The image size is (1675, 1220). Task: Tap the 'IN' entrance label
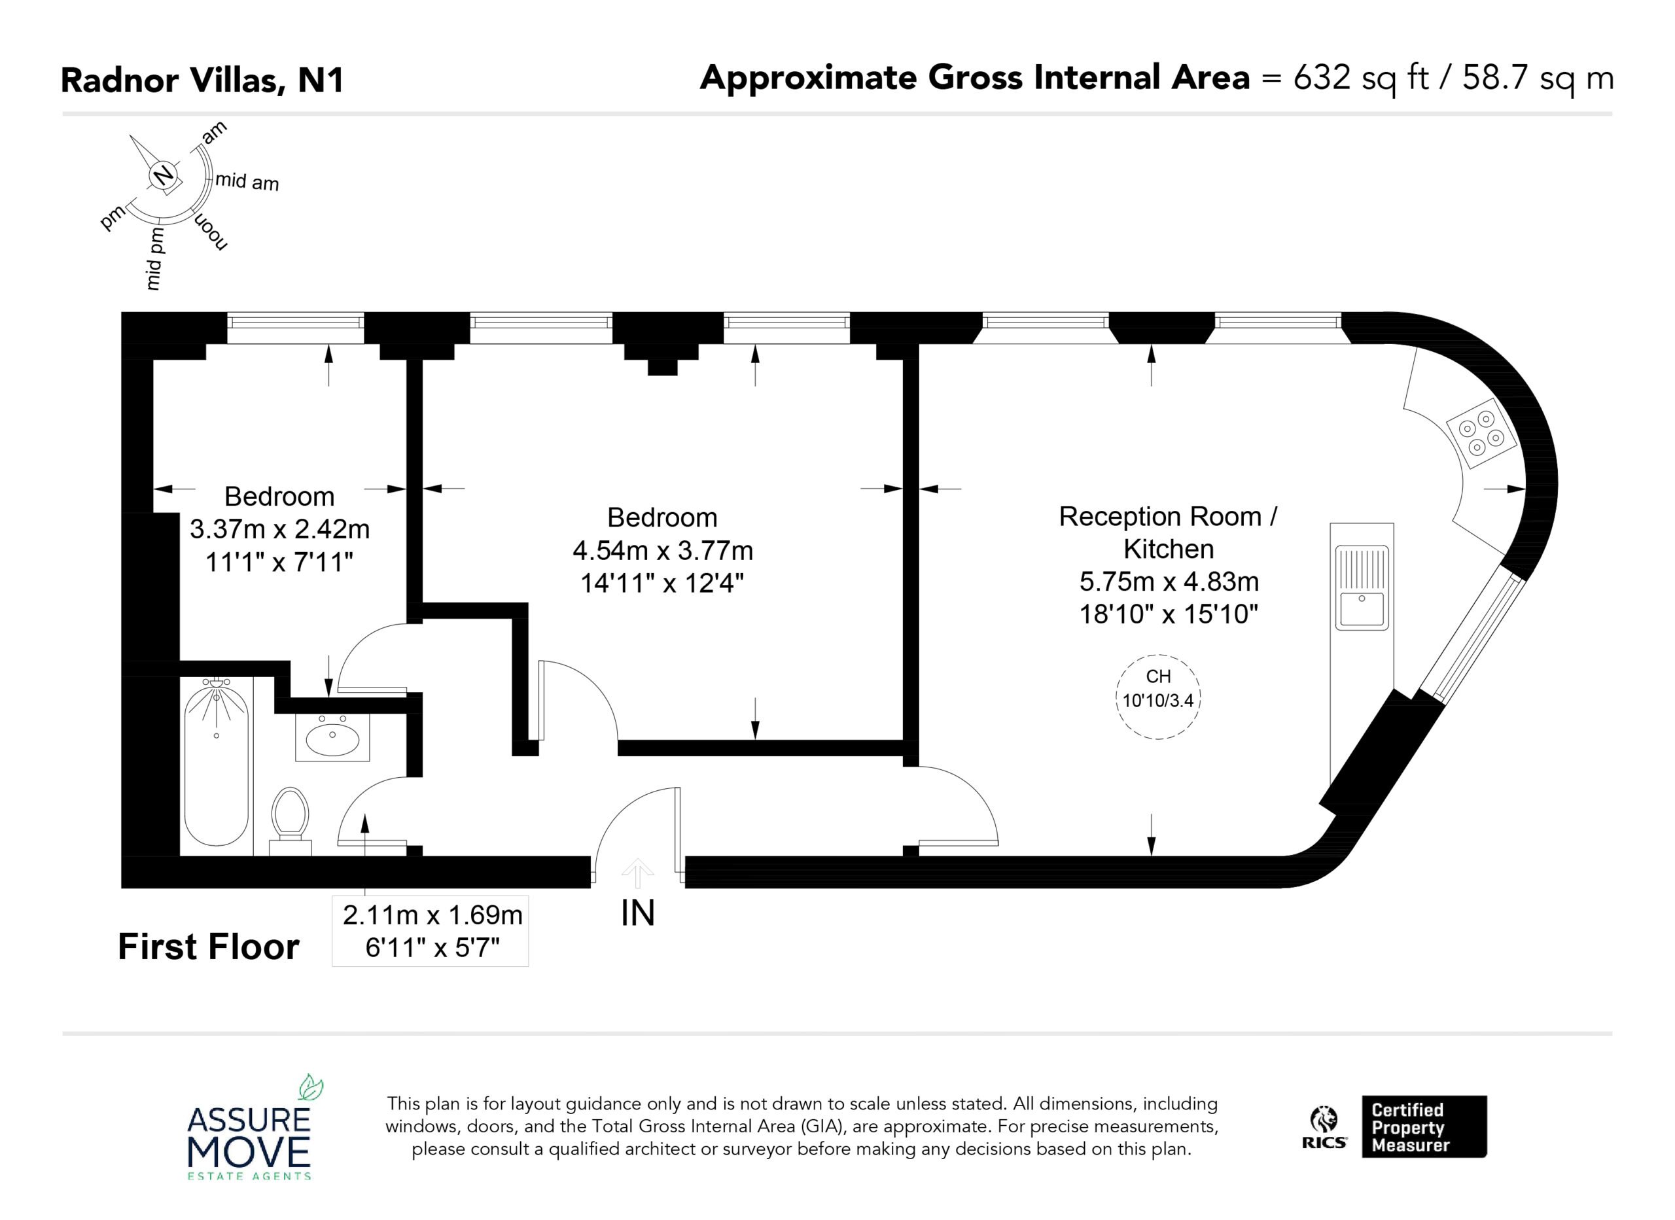click(638, 913)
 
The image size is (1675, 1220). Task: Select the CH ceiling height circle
click(1158, 697)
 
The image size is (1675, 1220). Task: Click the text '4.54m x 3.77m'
click(662, 550)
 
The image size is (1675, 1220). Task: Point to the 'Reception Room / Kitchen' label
click(1169, 532)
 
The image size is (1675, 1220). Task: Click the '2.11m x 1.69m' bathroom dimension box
click(431, 930)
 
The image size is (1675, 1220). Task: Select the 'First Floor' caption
click(208, 947)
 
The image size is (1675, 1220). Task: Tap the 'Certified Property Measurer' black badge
click(1424, 1126)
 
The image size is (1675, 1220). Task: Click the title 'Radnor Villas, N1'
click(202, 80)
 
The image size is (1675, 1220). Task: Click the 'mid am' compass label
click(247, 182)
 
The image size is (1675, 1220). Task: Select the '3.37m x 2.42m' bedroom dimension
click(280, 529)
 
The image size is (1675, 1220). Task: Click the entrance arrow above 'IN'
click(637, 873)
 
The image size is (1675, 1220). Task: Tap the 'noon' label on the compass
click(211, 232)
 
